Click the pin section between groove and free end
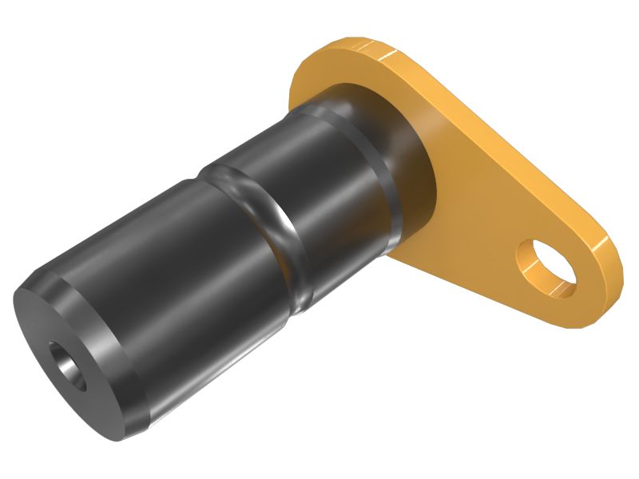tap(176, 279)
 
